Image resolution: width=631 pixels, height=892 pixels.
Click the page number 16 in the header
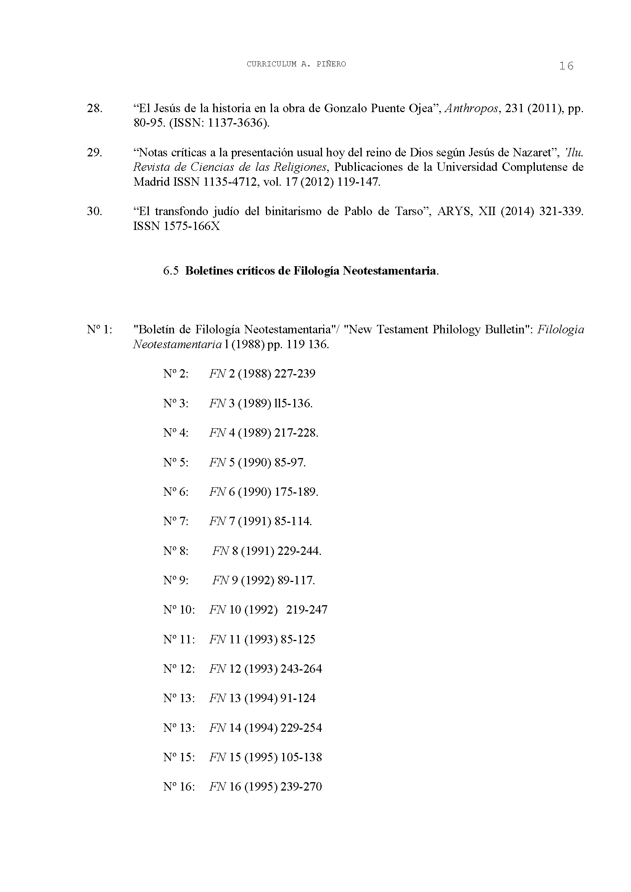pyautogui.click(x=566, y=66)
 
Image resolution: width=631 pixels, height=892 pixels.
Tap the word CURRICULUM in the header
pyautogui.click(x=271, y=64)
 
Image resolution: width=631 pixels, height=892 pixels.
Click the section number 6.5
pyautogui.click(x=171, y=271)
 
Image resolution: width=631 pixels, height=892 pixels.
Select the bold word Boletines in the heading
pyautogui.click(x=209, y=271)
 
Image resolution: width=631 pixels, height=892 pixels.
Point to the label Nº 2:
pyautogui.click(x=175, y=374)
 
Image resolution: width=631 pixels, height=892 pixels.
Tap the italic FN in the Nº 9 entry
pyautogui.click(x=220, y=580)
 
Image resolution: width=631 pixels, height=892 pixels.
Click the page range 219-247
pyautogui.click(x=307, y=609)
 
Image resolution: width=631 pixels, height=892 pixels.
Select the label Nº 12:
pyautogui.click(x=179, y=669)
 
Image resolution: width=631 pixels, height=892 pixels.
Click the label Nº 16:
pyautogui.click(x=179, y=787)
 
